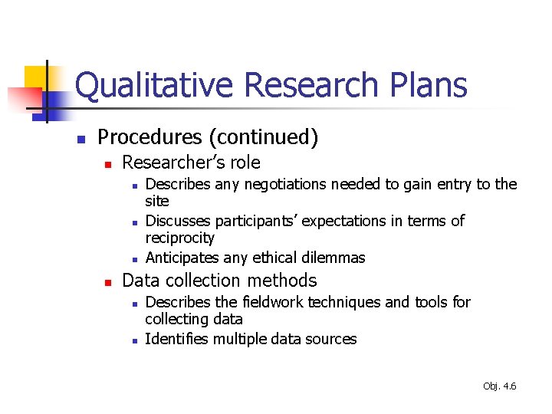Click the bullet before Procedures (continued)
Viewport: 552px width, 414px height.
tap(80, 139)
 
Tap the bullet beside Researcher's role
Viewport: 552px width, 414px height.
tap(108, 164)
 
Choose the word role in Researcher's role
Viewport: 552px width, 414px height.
tap(243, 163)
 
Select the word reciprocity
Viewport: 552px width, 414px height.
tap(180, 238)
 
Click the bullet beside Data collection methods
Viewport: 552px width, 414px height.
tap(108, 282)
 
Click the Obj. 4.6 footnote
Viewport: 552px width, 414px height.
tap(500, 386)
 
